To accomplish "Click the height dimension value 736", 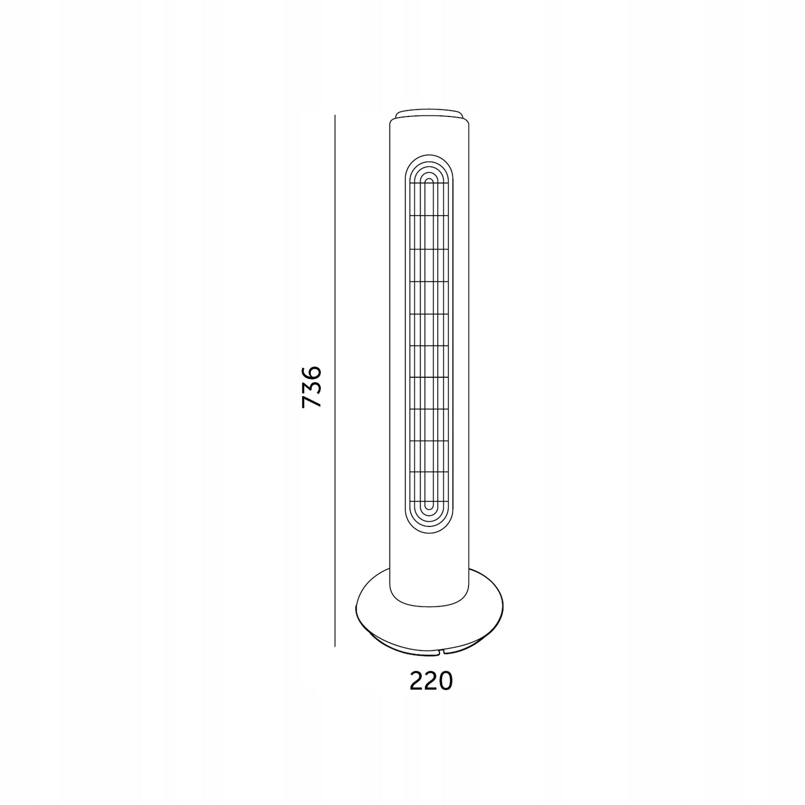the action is (311, 387).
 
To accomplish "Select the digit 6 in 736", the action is (311, 373).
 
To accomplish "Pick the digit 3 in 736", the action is (311, 387).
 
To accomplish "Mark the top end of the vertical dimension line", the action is (335, 115).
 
